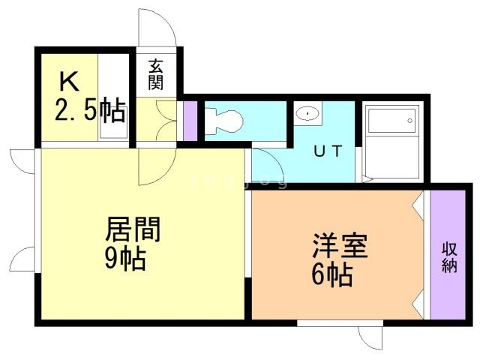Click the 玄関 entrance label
[156, 74]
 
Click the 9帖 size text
[124, 259]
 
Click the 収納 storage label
[449, 258]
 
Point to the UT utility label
[328, 151]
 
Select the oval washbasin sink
[307, 113]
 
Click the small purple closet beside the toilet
[190, 120]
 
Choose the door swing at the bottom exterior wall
[370, 336]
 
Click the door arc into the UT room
[262, 161]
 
